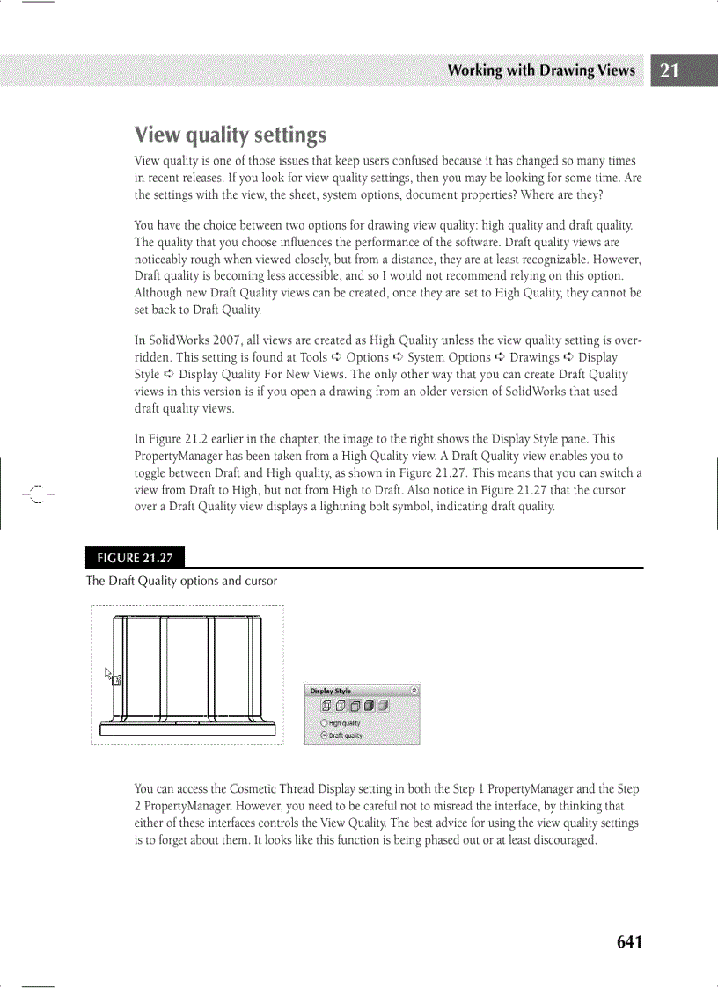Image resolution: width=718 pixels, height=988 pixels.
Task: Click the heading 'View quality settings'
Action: [x=230, y=135]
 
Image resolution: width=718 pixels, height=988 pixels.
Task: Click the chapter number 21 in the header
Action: [x=669, y=71]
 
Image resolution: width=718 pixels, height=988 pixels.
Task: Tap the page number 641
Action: [x=629, y=942]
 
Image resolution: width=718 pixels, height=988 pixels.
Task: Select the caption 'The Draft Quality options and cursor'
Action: [x=181, y=581]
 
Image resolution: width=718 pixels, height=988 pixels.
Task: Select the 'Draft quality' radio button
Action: [x=324, y=735]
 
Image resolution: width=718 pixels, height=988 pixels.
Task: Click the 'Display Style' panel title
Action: [x=329, y=692]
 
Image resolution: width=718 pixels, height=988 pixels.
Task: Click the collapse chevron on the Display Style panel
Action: [x=414, y=692]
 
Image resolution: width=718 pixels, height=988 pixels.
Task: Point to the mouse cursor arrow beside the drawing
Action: [x=109, y=673]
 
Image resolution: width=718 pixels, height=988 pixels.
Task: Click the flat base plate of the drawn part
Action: [x=187, y=728]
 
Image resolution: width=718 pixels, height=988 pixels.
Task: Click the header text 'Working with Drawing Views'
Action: [x=540, y=70]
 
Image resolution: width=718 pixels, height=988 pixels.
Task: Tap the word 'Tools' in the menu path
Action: [x=313, y=358]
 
